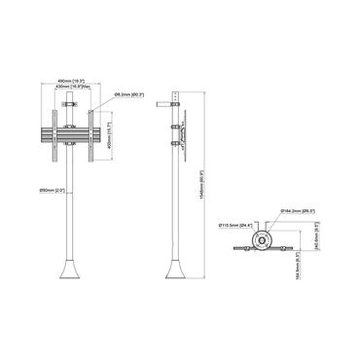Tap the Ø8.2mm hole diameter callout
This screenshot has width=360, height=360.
pyautogui.click(x=129, y=94)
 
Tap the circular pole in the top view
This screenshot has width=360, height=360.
pyautogui.click(x=261, y=240)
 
